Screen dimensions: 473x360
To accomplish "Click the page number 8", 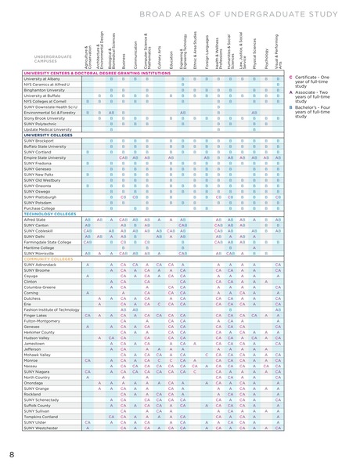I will tap(12, 454).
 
